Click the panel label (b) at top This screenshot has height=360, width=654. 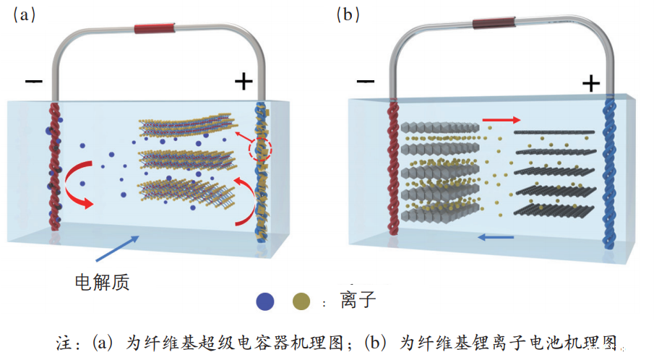coord(348,14)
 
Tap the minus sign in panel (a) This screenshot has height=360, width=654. coord(34,81)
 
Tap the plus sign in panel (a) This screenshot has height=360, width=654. coord(244,81)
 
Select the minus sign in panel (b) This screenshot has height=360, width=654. coord(366,81)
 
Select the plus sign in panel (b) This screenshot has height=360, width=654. coord(591,84)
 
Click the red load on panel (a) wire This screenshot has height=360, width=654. coord(154,30)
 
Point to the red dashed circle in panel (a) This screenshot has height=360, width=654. coord(261,150)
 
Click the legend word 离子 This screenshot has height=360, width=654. coord(358,301)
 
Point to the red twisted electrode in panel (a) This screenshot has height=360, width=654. coord(54,166)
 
